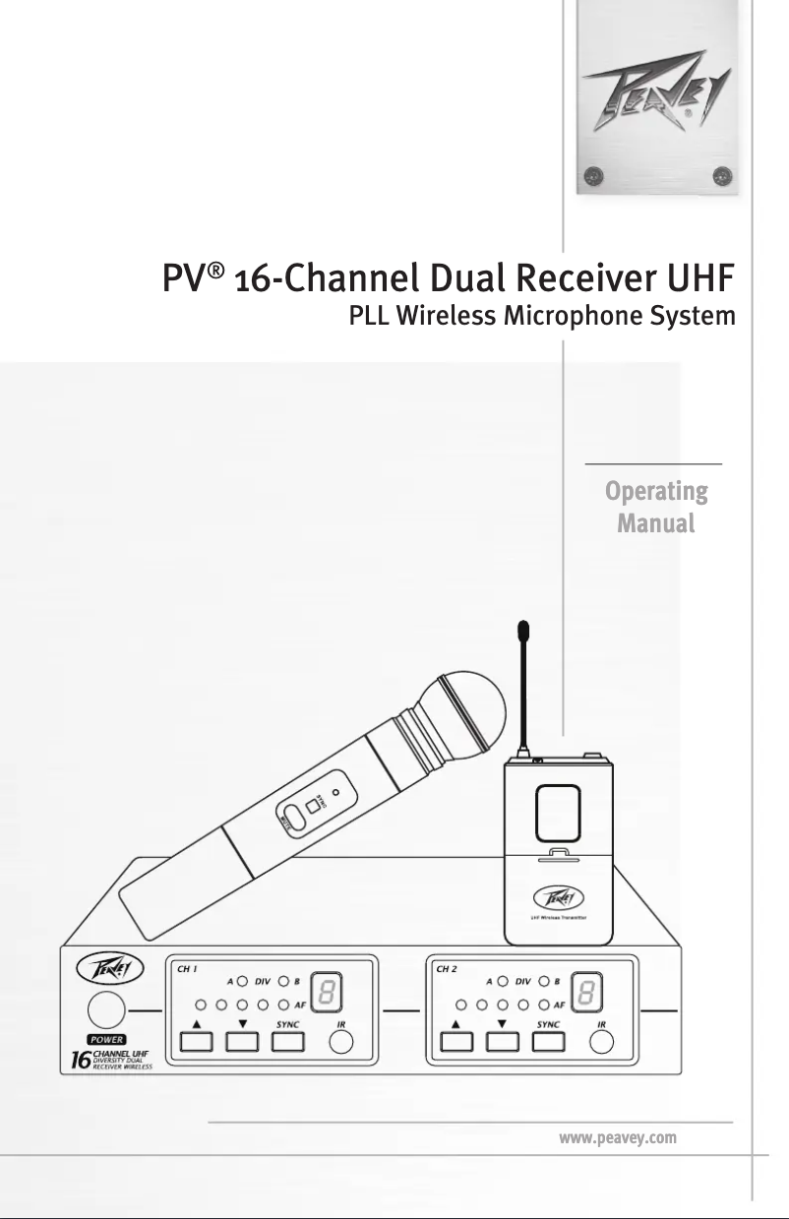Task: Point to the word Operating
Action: coord(655,490)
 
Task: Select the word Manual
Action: coord(655,522)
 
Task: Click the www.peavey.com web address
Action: coord(617,1138)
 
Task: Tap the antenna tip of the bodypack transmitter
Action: coord(525,630)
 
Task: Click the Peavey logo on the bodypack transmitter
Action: coord(559,897)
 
